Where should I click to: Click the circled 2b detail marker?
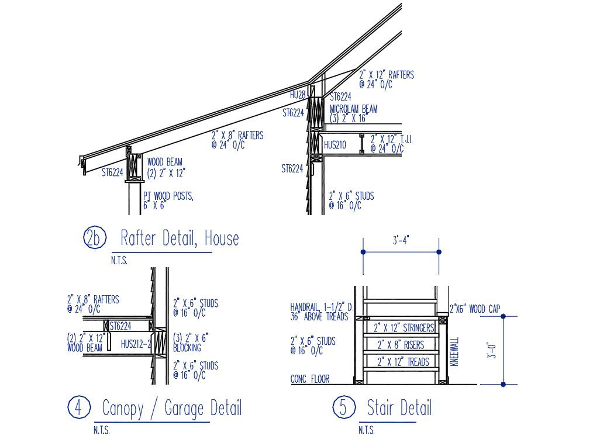point(94,237)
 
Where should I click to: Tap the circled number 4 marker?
point(79,407)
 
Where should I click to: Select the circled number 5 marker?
point(344,407)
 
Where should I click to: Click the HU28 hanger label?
point(298,95)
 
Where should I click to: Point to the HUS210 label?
point(335,145)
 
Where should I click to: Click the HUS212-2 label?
point(136,344)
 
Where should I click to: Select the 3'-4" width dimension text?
point(401,240)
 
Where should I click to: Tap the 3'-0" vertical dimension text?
point(492,350)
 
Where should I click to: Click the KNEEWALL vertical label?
point(454,351)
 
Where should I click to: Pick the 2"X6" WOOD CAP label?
point(475,309)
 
